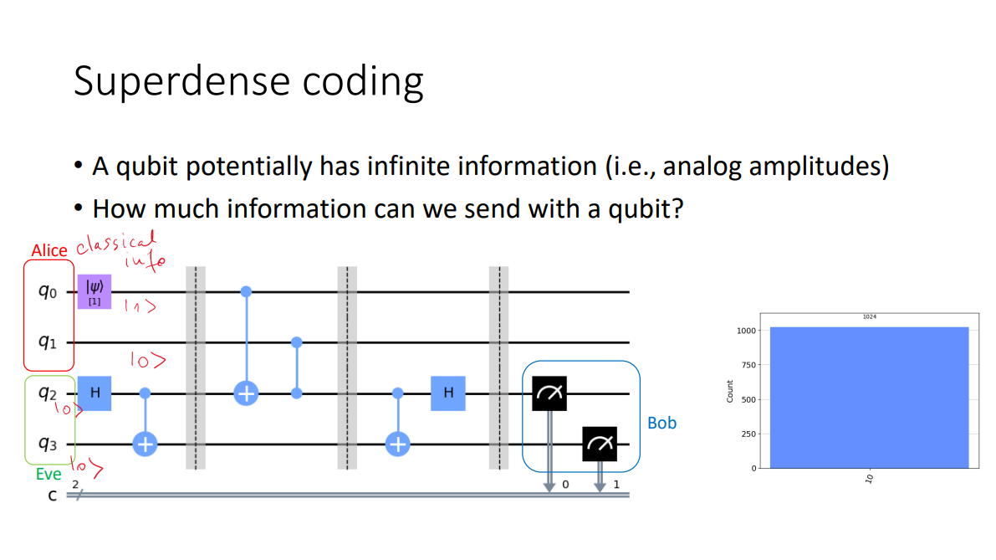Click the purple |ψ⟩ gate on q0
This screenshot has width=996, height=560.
(94, 291)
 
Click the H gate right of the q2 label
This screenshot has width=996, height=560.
(94, 393)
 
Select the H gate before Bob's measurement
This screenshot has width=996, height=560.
(447, 393)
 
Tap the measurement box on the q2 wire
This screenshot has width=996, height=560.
(549, 393)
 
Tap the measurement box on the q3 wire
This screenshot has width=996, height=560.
(600, 444)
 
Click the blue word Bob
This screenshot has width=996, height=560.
(661, 423)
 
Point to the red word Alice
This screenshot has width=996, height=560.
(49, 250)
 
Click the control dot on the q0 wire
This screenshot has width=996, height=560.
(246, 291)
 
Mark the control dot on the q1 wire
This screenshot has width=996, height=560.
(296, 342)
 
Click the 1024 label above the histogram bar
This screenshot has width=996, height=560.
(869, 317)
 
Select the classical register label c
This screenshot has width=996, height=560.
(52, 496)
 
